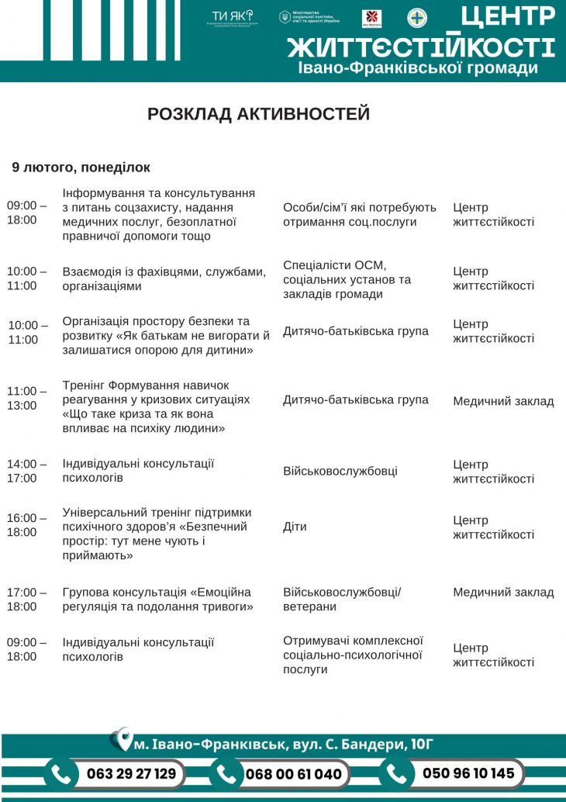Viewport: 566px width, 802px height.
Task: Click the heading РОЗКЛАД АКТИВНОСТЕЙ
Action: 258,114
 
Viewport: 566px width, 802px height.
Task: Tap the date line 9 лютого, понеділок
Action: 81,168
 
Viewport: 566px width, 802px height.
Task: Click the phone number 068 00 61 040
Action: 293,774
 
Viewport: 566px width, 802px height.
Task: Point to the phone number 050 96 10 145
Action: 468,773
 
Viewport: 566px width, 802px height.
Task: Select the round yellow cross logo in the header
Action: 417,18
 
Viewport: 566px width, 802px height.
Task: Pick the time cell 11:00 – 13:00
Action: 27,399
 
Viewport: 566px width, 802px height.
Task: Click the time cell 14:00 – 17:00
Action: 27,471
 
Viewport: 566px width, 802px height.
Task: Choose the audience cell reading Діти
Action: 295,527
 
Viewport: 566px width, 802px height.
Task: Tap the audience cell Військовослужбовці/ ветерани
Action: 342,600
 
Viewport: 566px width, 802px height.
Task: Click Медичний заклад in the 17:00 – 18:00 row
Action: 503,593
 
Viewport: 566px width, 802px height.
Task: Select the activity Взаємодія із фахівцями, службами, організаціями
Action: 164,278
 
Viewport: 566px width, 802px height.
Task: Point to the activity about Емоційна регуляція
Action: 157,600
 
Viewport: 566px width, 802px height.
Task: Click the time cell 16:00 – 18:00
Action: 27,525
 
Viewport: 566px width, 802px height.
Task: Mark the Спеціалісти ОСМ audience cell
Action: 347,279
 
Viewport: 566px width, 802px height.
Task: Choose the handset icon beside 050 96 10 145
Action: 396,773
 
